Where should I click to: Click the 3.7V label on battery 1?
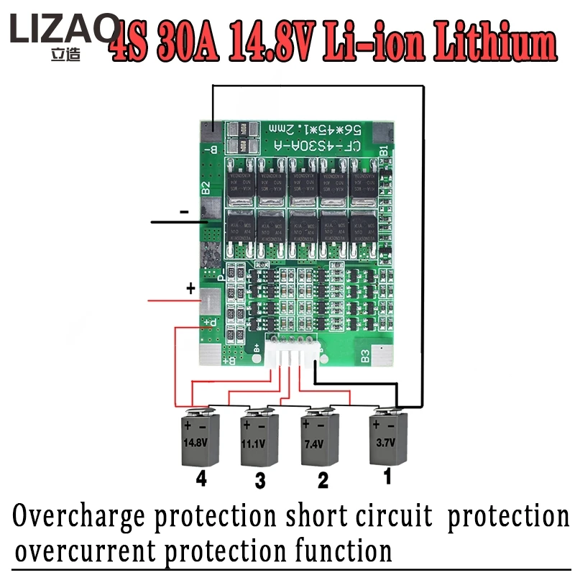(387, 441)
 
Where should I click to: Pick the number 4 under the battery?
(201, 479)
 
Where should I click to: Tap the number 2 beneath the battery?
(323, 480)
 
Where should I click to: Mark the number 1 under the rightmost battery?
(387, 475)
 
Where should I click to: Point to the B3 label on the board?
(364, 354)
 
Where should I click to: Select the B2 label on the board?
(205, 188)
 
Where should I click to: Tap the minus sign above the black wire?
(184, 212)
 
